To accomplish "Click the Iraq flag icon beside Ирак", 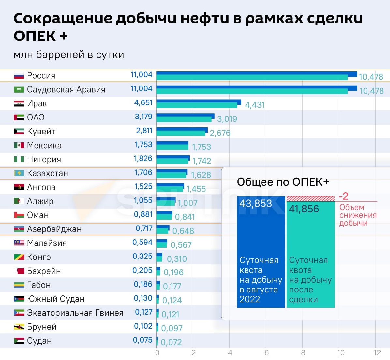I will tap(19, 104).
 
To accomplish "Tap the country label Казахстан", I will tap(48, 173).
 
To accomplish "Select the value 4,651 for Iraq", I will tap(143, 102).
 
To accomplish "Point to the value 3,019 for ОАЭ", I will tap(227, 119).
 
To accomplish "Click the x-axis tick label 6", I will tap(266, 353).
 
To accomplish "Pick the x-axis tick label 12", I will tap(377, 353).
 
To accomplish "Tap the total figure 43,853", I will tap(256, 204).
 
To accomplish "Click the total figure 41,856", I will tap(304, 209).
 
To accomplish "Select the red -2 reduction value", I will tap(344, 196).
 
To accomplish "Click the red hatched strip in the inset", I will tap(310, 199).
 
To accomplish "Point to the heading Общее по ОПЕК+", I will tap(283, 182).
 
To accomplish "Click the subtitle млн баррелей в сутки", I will tap(69, 55).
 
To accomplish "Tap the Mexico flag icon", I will tap(19, 146).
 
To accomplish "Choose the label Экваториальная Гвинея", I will tap(75, 313).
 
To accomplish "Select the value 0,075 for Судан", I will tap(142, 340).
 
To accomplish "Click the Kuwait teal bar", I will tap(181, 133).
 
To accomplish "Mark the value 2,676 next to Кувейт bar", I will tap(220, 133).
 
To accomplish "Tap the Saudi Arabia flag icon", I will tap(19, 90).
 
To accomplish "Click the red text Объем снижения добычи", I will tap(358, 215).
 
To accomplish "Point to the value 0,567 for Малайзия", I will tap(181, 245).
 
